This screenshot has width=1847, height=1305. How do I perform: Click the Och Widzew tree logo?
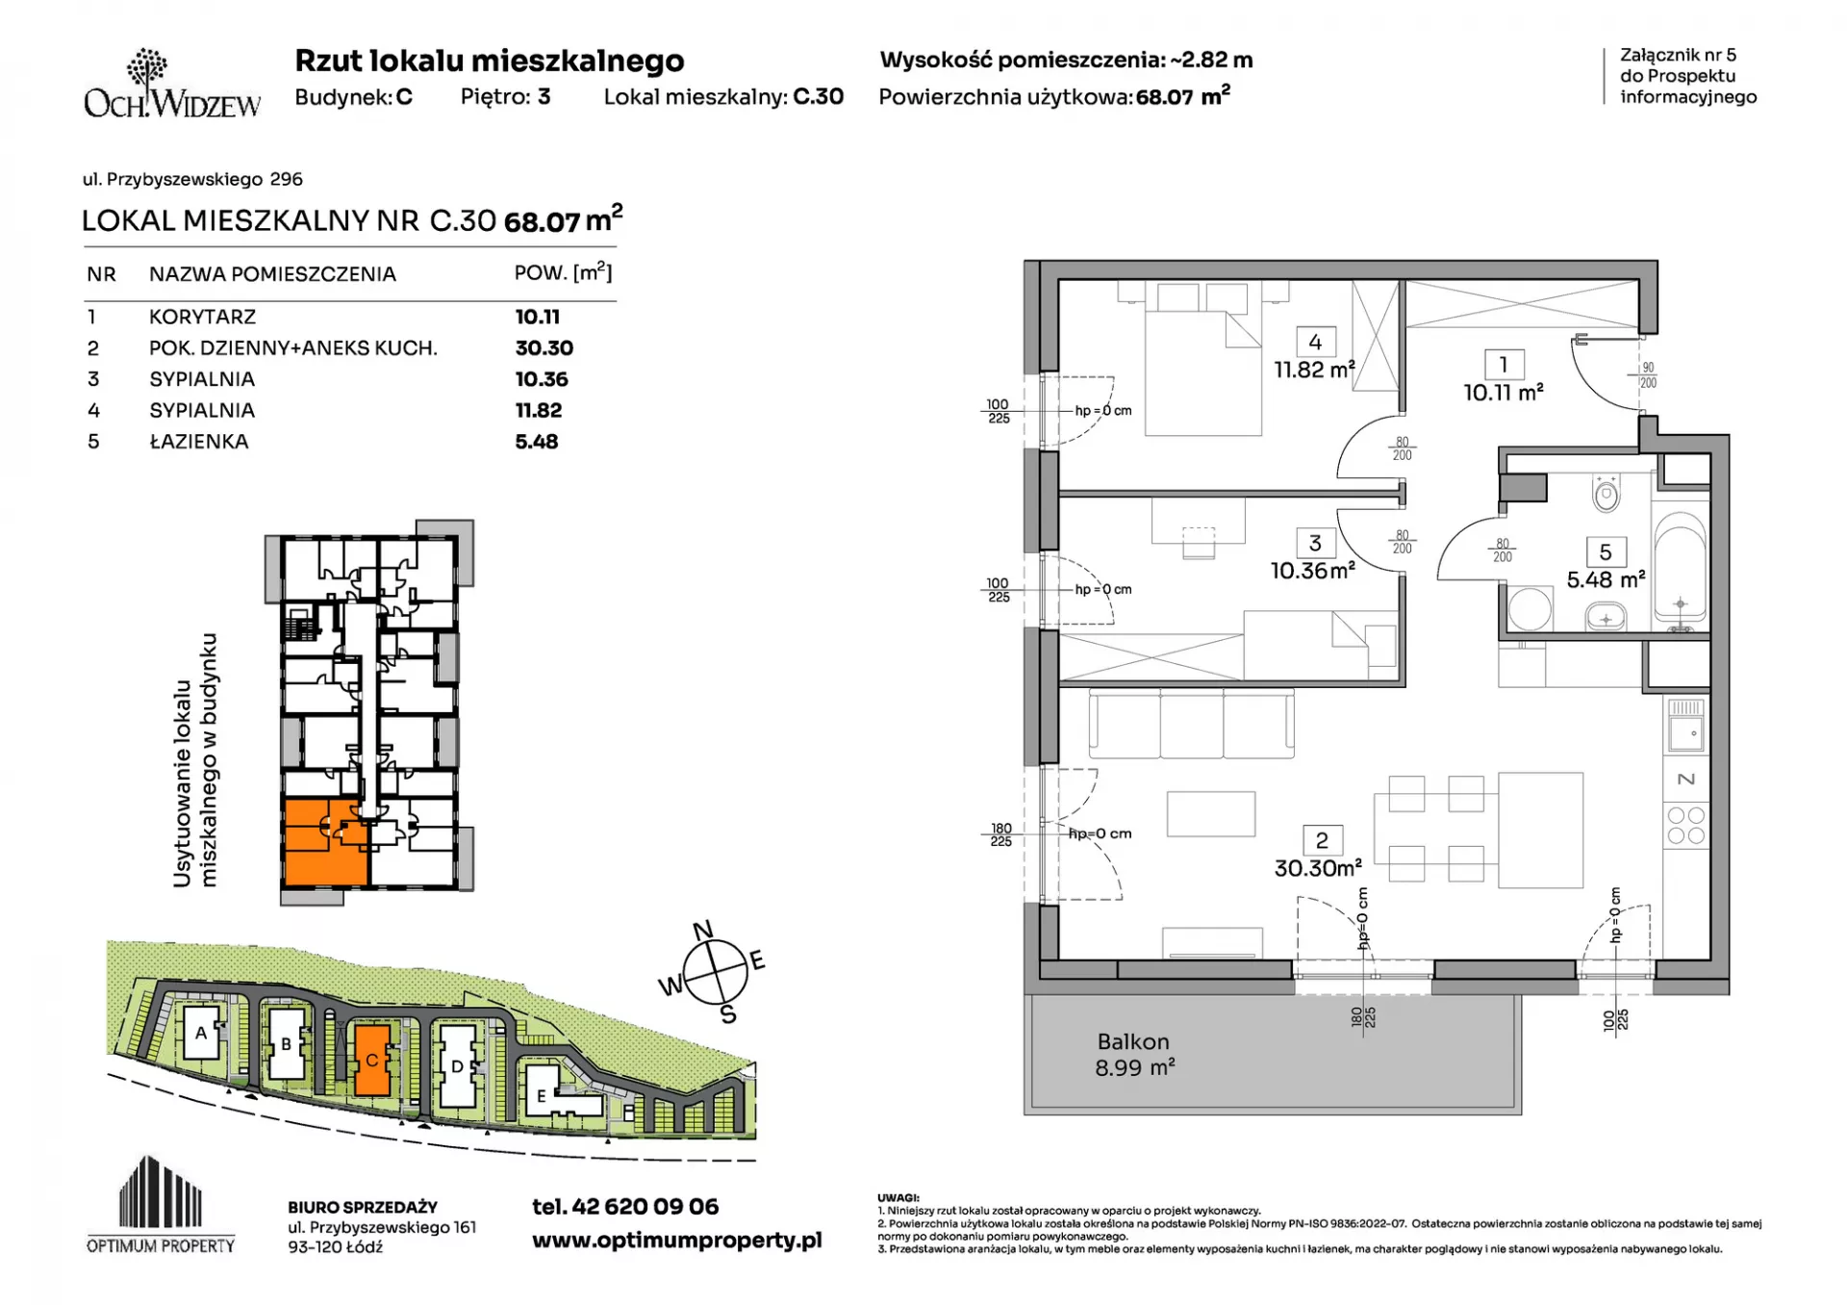coord(147,69)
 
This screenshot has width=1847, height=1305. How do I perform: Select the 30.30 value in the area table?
coord(544,348)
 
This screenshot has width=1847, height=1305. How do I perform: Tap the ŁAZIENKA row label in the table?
coord(199,442)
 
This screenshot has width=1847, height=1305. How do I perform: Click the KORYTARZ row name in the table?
coord(202,317)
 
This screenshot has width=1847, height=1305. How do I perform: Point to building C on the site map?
coord(372,1060)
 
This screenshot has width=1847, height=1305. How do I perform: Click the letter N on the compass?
coord(703,930)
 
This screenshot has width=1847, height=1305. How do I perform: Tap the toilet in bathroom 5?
coord(1606,495)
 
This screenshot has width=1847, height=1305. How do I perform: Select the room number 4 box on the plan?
coord(1315,342)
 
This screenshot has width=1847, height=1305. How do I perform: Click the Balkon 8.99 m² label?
coord(1134,1055)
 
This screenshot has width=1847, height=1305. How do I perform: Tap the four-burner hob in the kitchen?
coord(1685,826)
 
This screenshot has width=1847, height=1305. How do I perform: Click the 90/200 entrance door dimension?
coord(1648,375)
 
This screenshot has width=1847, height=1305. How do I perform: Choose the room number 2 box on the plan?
coord(1322,840)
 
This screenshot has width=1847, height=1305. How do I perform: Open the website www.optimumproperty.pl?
coord(677,1241)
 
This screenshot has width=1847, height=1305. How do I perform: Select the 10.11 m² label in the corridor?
coord(1504,393)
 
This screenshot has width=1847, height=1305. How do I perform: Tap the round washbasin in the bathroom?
coord(1529,609)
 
